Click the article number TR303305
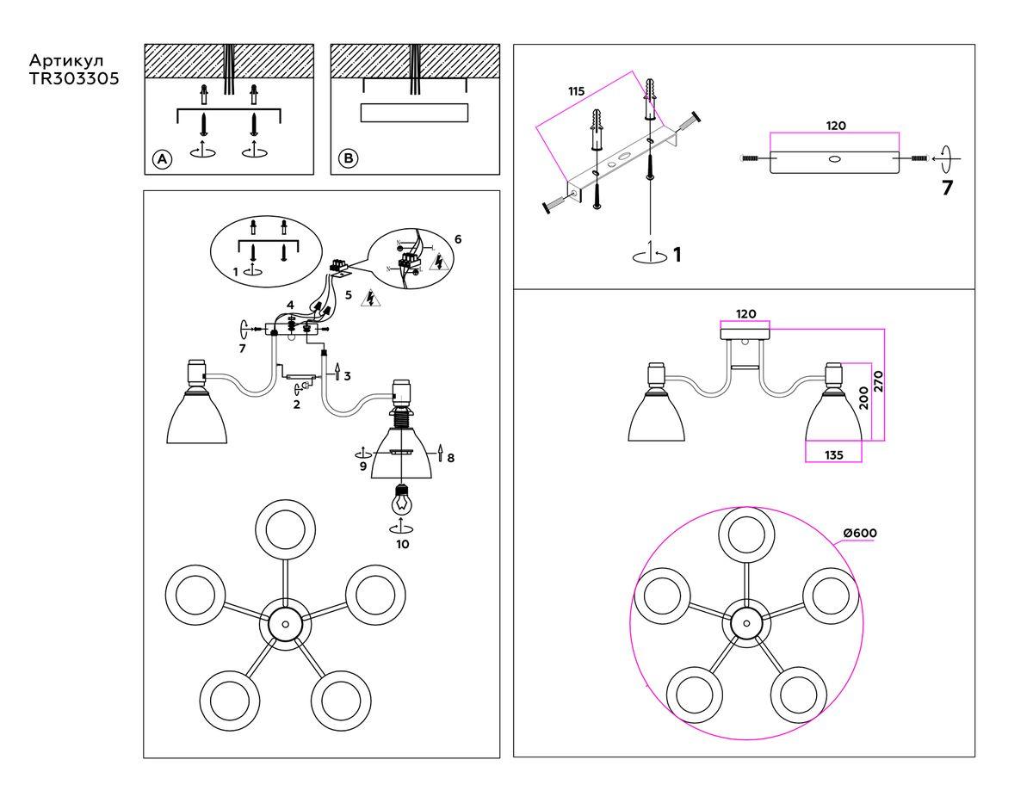74,78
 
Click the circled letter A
161,159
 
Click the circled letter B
347,159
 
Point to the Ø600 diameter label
860,534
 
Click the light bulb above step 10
400,498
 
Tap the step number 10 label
402,544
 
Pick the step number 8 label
450,458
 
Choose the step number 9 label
363,466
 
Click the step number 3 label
347,376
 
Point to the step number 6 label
457,238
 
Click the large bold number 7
947,188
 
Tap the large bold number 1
677,254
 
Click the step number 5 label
348,294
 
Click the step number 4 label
291,305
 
